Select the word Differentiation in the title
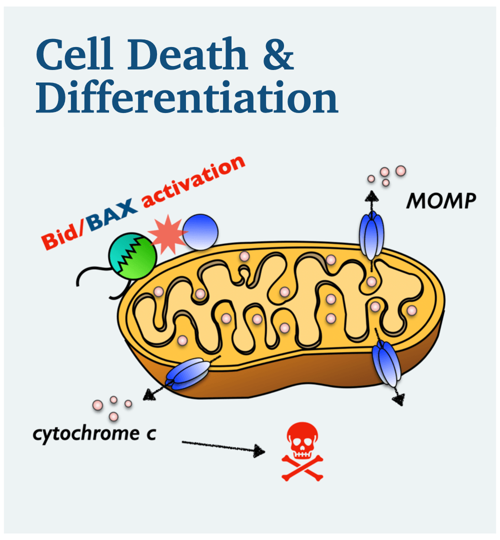[186, 99]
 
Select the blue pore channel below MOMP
[371, 234]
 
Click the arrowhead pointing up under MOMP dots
[370, 194]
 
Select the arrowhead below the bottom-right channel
[398, 400]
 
